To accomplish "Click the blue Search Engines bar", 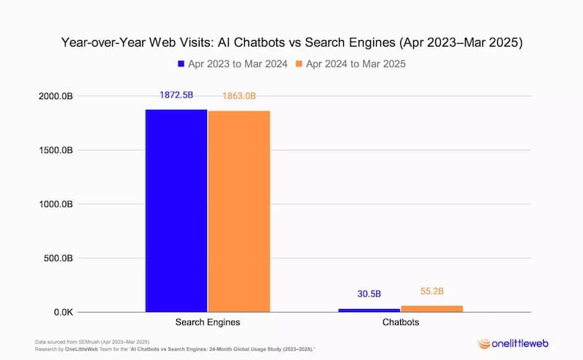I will pos(176,211).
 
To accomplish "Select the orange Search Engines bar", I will pos(239,211).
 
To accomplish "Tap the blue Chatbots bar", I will pos(369,310).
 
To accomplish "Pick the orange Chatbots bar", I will pos(431,309).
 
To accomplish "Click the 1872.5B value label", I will pos(176,95).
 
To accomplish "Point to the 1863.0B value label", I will pos(239,96).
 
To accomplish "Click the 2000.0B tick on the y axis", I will pos(54,97).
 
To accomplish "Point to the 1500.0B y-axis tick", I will pos(54,151).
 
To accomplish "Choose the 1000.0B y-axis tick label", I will pos(54,205).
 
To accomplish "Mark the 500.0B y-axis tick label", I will pos(56,259).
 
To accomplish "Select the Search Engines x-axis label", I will pos(208,322).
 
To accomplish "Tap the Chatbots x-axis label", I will pos(400,322).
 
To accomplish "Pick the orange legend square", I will pos(299,64).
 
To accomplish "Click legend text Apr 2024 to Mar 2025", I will pos(355,64).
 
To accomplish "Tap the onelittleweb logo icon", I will pos(484,343).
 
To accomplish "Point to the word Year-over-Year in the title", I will pos(111,43).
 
